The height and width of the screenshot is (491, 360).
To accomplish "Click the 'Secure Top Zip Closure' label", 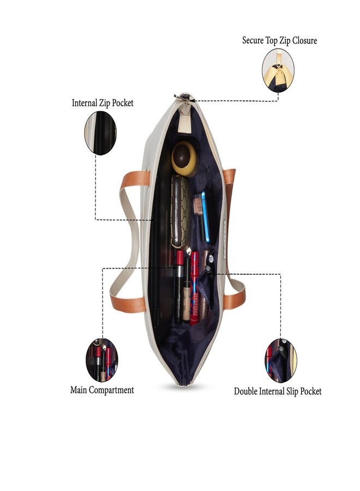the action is [279, 41].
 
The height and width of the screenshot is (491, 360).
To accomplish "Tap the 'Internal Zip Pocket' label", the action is [103, 103].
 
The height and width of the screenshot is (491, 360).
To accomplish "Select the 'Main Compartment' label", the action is [102, 390].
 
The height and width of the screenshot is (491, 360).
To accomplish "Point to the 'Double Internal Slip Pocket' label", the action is [278, 391].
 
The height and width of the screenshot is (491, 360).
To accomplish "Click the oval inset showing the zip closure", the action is [278, 70].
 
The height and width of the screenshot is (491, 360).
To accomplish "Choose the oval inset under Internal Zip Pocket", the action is [100, 133].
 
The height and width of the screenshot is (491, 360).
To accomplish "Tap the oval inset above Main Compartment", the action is [102, 360].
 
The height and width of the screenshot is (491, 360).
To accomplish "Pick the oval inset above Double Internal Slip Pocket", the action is [281, 360].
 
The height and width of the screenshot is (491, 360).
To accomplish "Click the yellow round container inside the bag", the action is [184, 159].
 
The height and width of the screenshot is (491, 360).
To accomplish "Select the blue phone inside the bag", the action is [205, 216].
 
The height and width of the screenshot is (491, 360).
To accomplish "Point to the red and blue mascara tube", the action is [194, 289].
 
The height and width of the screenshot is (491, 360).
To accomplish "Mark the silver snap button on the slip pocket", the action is [211, 259].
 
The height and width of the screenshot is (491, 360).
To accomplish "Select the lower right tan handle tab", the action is [235, 299].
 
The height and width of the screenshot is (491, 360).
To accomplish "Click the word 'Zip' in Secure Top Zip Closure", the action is [285, 41].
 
